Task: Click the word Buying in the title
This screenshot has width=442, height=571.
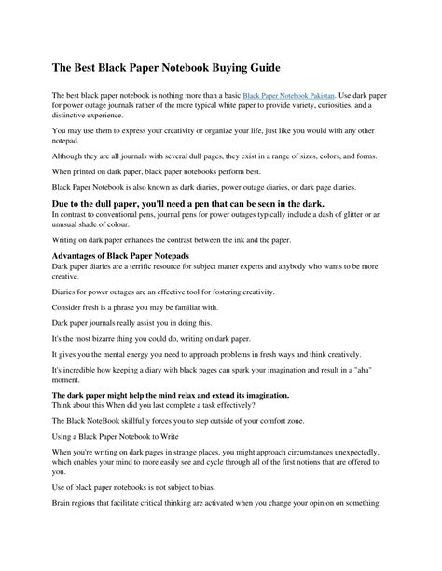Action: pyautogui.click(x=209, y=69)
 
